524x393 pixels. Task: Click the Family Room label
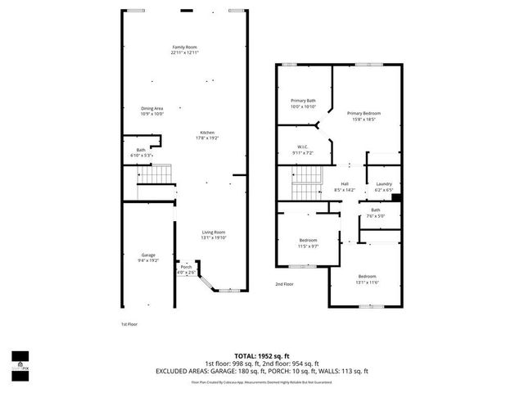pos(185,47)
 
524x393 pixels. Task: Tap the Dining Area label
pos(152,108)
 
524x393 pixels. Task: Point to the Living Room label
pos(214,233)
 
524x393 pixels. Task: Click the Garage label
pos(148,255)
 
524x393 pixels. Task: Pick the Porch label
pos(186,267)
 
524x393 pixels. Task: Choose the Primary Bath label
pos(303,101)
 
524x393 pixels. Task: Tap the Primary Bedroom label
pos(364,113)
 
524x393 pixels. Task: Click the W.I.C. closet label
pos(302,147)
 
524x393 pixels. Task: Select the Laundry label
pos(384,183)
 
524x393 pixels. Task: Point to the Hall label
pos(345,183)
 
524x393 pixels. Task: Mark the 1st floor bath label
pos(141,149)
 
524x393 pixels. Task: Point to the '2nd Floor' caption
pos(283,283)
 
